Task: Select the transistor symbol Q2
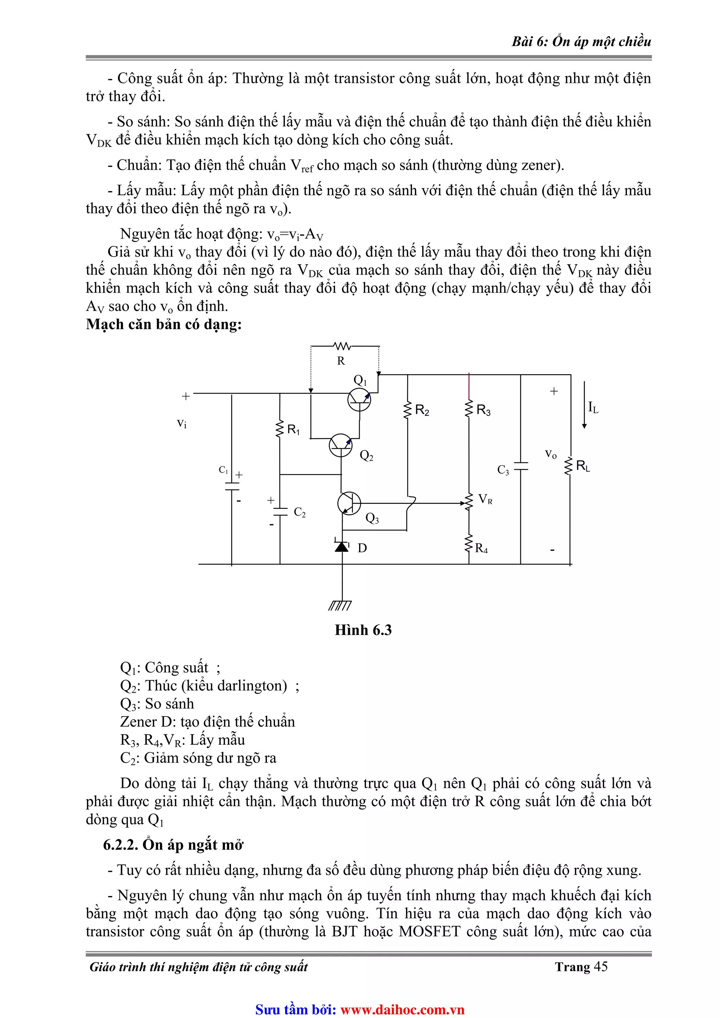tap(341, 445)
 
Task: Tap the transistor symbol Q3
tap(349, 503)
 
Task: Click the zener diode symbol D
tap(342, 546)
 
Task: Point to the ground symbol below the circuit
tap(340, 606)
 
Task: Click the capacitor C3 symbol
tap(520, 466)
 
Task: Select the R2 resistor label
tap(422, 410)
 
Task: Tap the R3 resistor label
tap(483, 410)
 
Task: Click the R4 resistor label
tap(481, 549)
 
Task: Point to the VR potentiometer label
tap(485, 500)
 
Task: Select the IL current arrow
tap(584, 404)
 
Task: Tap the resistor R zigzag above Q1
tap(342, 346)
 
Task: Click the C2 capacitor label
tap(300, 513)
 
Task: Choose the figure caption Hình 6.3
tap(363, 630)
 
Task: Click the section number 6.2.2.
tap(121, 845)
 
